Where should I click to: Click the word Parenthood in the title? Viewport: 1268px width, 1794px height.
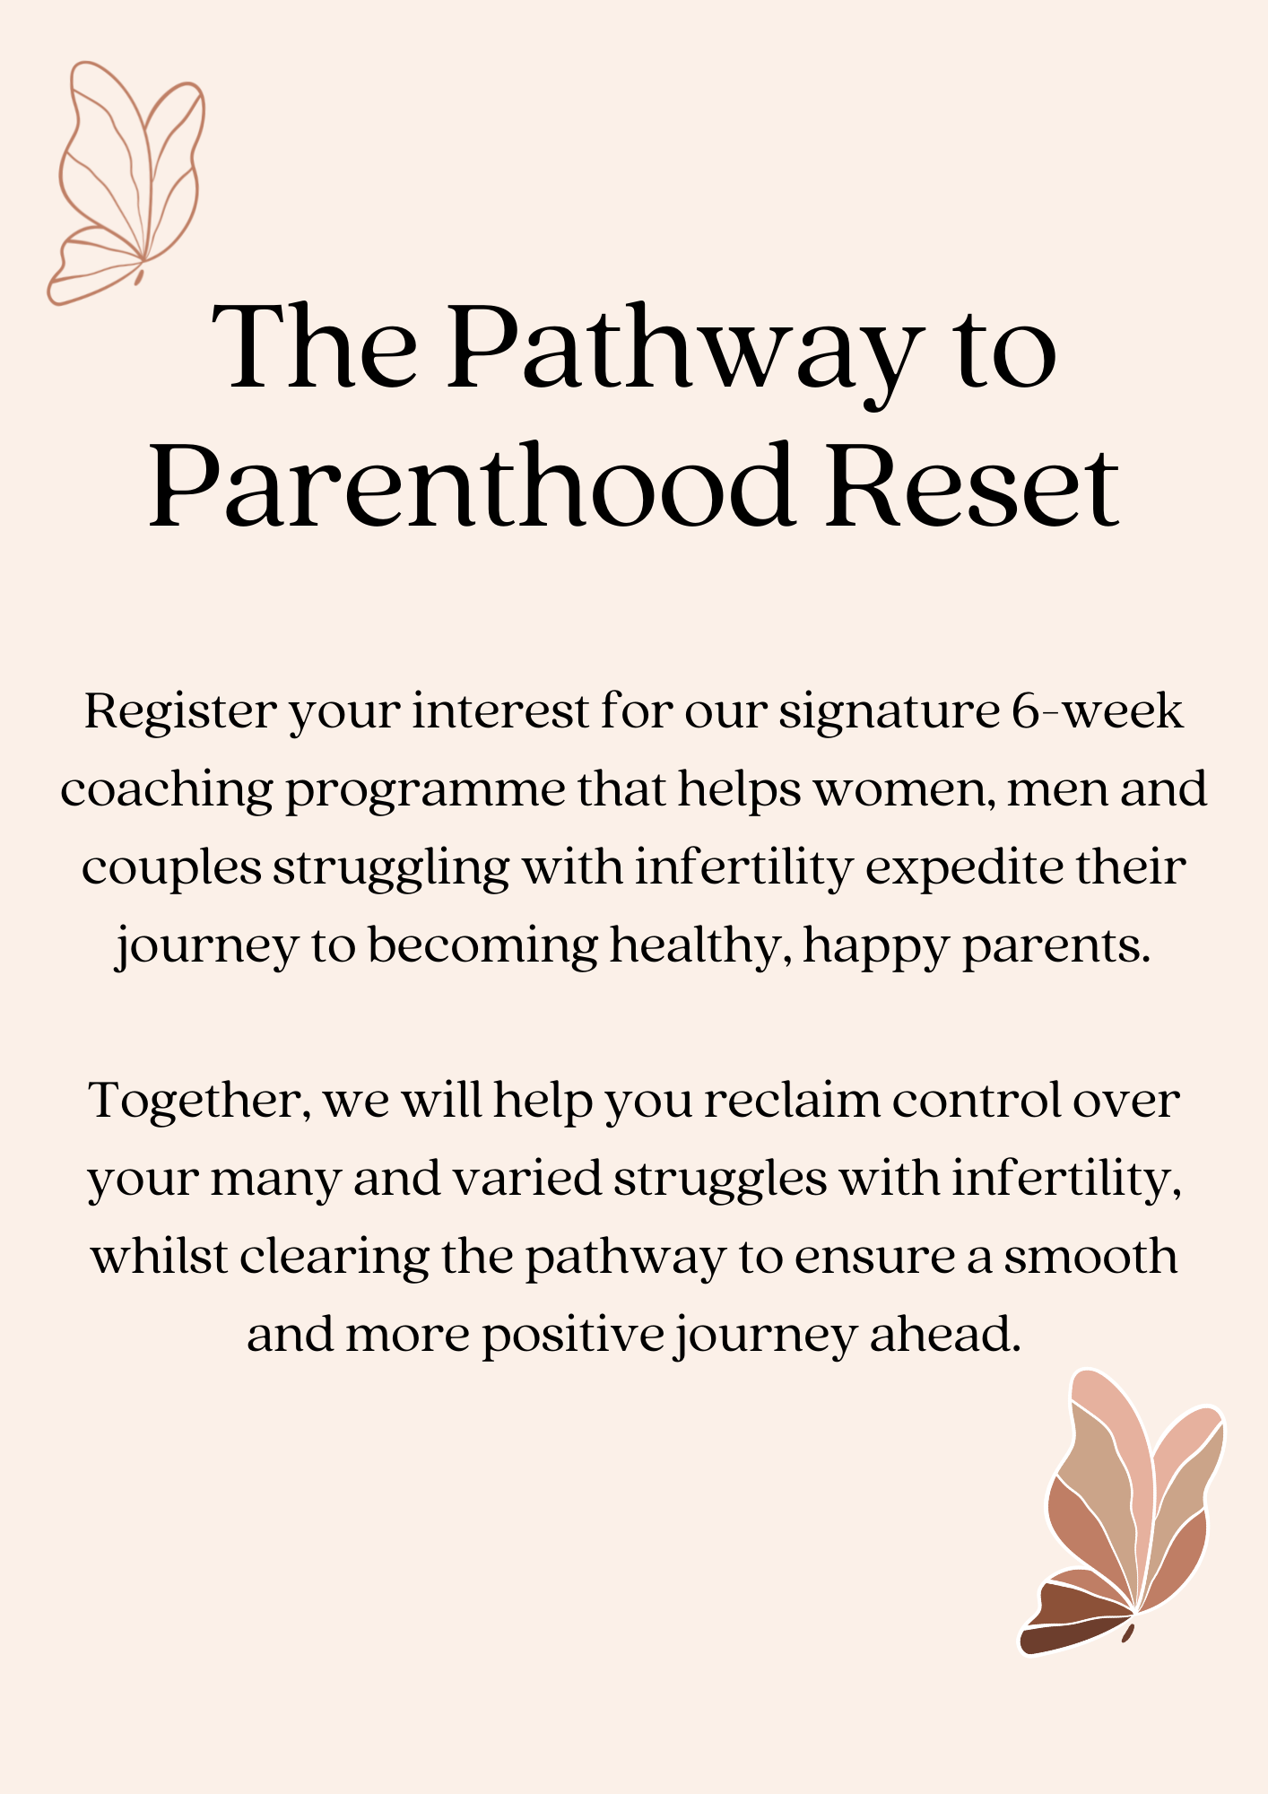(x=472, y=485)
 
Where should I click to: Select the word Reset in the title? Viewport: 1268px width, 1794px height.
(x=972, y=485)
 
